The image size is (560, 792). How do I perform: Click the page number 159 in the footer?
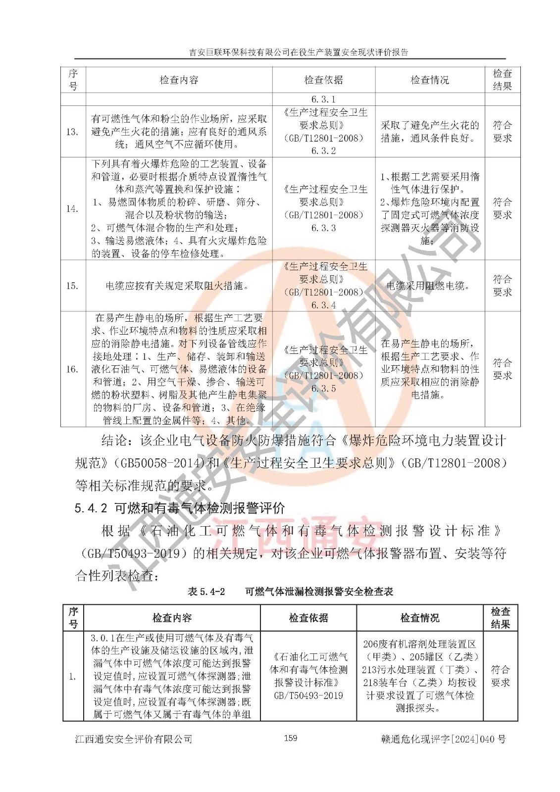point(291,738)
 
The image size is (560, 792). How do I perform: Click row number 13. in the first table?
point(72,132)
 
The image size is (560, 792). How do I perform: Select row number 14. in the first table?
point(72,208)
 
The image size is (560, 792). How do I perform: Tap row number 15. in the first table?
point(72,286)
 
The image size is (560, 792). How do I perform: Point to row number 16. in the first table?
point(72,369)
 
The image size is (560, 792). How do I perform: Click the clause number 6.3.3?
point(323,228)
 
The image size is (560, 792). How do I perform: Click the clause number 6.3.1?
point(323,99)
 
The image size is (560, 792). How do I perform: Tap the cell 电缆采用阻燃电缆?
point(428,286)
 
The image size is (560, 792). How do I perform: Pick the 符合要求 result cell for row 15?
point(502,286)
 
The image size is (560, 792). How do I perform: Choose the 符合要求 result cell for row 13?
point(502,132)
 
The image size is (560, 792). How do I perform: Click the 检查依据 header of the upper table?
point(323,80)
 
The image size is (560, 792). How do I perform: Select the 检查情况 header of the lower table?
point(419,618)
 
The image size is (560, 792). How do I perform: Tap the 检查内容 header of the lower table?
point(172,618)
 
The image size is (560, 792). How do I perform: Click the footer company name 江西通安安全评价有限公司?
point(133,739)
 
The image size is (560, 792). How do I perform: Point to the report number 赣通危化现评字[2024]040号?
point(443,739)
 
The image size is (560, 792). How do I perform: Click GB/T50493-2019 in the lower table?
point(308,695)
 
